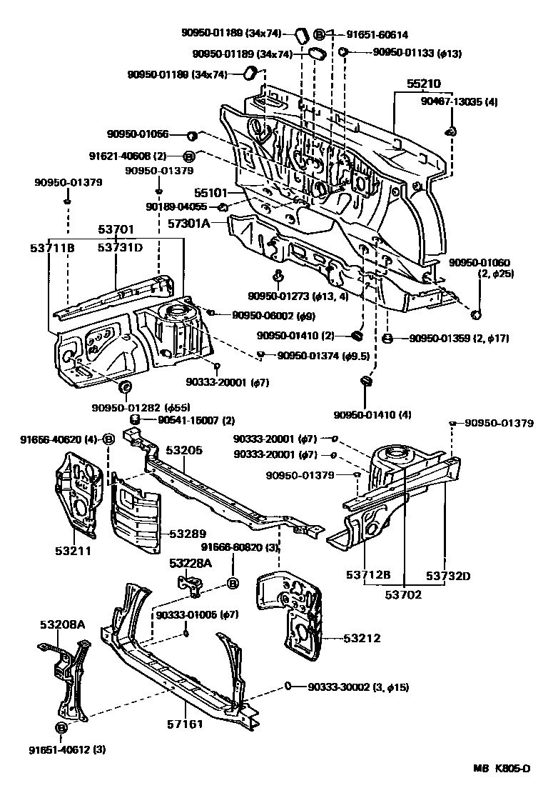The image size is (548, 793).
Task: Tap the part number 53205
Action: pyautogui.click(x=185, y=450)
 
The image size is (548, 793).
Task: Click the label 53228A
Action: pyautogui.click(x=191, y=563)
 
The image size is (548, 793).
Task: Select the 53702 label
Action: pyautogui.click(x=403, y=594)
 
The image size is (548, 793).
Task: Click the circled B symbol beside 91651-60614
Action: pyautogui.click(x=320, y=34)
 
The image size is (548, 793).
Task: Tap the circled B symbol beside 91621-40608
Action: pyautogui.click(x=189, y=156)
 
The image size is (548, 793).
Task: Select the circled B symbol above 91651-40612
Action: pyautogui.click(x=61, y=727)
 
